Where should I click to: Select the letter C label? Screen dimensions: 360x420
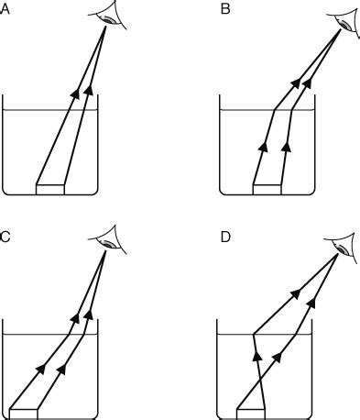click(5, 237)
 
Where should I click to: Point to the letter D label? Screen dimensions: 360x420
click(225, 237)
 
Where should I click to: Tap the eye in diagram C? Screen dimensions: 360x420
click(111, 242)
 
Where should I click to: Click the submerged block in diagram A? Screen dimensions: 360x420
click(51, 187)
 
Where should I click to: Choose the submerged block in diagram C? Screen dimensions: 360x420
click(24, 409)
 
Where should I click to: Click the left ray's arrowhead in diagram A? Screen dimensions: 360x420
click(73, 89)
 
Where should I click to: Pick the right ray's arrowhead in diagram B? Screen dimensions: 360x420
click(287, 144)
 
